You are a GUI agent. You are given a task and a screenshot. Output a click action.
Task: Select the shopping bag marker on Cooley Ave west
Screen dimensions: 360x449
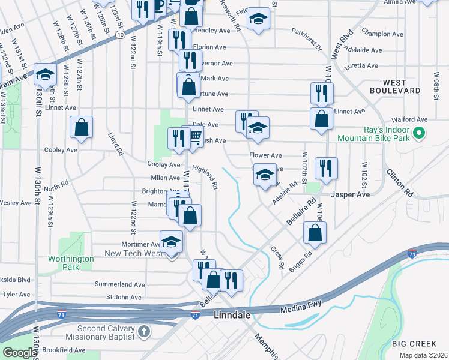82,128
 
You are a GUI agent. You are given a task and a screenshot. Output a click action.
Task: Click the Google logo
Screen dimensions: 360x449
20,353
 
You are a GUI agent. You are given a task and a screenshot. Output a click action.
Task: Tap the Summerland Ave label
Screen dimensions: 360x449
120,284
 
